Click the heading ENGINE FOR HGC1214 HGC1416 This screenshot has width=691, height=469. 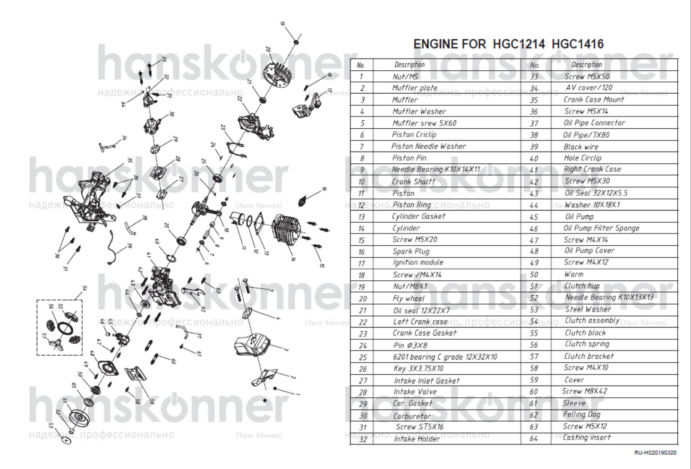pyautogui.click(x=508, y=44)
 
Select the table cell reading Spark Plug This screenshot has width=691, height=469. pyautogui.click(x=411, y=251)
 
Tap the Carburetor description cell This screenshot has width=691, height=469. pyautogui.click(x=413, y=416)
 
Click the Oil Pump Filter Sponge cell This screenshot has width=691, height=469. pyautogui.click(x=601, y=228)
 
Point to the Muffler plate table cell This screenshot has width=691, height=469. pyautogui.click(x=415, y=88)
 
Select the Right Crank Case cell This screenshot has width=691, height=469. pyautogui.click(x=592, y=169)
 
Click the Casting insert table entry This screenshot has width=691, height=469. pyautogui.click(x=587, y=437)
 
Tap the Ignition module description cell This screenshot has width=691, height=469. pyautogui.click(x=417, y=262)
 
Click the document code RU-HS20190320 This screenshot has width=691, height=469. pyautogui.click(x=655, y=453)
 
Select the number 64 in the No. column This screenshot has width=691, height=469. pyautogui.click(x=534, y=438)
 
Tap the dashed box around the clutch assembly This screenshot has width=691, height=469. pyautogui.click(x=59, y=327)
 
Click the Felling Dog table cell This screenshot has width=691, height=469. pyautogui.click(x=582, y=414)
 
